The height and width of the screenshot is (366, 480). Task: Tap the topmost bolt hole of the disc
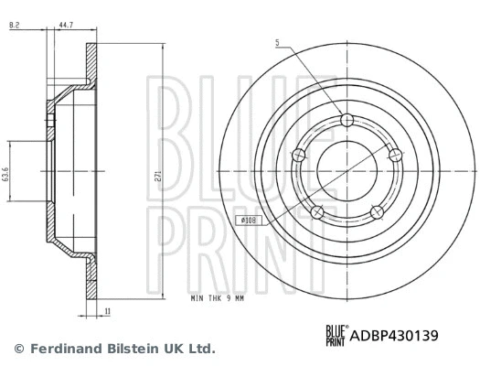(345, 121)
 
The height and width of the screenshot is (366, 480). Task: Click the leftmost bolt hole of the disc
(297, 156)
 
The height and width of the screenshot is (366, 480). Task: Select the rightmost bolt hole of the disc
(394, 156)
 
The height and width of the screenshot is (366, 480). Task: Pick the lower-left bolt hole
(316, 212)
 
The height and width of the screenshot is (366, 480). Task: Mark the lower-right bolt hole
(376, 212)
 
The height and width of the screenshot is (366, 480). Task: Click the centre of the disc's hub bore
(346, 171)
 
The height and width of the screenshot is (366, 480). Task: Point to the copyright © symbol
(18, 349)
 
